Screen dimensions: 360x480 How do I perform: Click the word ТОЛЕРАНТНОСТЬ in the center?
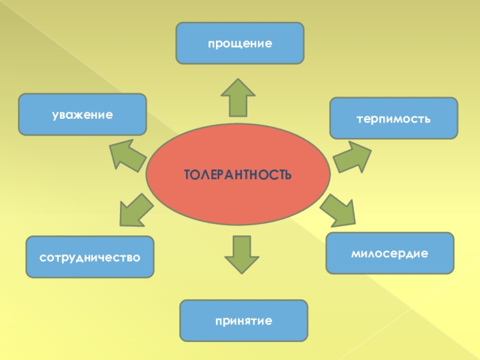[238, 175]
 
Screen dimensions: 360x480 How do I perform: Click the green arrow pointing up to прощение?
[238, 97]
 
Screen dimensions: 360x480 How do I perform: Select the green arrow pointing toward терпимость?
[351, 157]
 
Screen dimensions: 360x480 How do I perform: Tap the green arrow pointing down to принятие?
[242, 254]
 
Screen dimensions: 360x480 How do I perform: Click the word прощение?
[240, 44]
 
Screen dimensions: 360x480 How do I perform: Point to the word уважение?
[83, 114]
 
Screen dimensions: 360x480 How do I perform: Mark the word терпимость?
[394, 118]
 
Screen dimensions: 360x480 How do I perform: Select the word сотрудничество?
[90, 257]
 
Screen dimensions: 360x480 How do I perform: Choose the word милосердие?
[390, 253]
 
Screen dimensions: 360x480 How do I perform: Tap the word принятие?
[244, 321]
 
